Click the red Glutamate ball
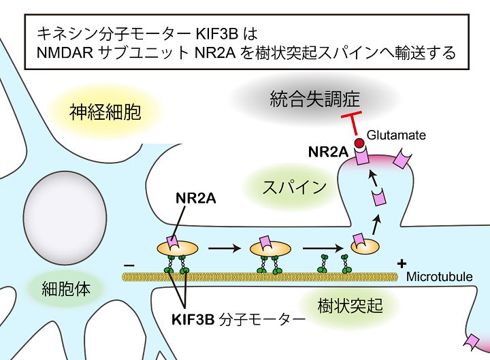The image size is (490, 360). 360,142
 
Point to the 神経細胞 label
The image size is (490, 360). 105,111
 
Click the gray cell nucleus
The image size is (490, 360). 65,211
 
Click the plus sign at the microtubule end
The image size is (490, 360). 403,263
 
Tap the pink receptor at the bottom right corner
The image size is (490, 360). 472,341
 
